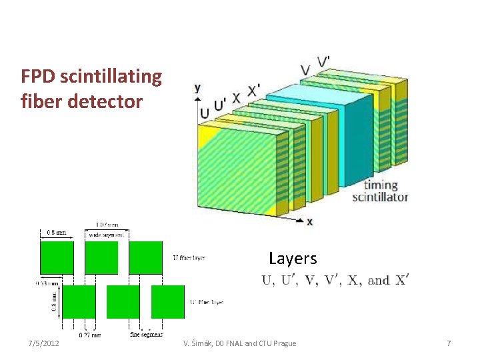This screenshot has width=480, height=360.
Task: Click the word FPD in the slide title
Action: coord(37,77)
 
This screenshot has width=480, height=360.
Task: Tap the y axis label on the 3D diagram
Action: coord(198,88)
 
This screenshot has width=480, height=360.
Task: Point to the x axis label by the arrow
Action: coord(309,221)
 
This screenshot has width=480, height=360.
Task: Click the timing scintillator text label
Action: coord(380,191)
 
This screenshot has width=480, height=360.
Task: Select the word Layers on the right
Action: coord(293,259)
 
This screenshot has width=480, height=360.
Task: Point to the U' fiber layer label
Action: coord(207,302)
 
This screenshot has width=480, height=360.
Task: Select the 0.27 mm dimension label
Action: coord(90,335)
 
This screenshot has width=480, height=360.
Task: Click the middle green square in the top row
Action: coord(101,257)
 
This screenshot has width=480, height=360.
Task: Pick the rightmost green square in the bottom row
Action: coord(167,302)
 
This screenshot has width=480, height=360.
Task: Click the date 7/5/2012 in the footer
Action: coord(43,343)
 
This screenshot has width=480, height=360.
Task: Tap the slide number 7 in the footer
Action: coord(449,343)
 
